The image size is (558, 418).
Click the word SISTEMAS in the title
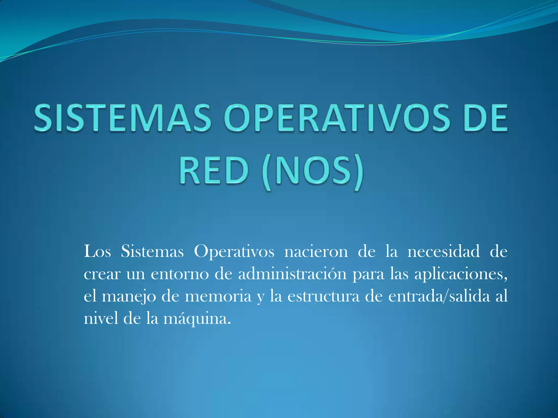point(123,118)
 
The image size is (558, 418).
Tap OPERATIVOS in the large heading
point(336,118)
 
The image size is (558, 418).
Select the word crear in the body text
point(102,274)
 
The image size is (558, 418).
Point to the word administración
point(292,274)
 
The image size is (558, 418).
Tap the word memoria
point(218,296)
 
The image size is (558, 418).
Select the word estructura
point(324,296)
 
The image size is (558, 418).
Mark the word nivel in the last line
point(101,318)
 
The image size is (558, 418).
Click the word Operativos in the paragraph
point(234,252)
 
